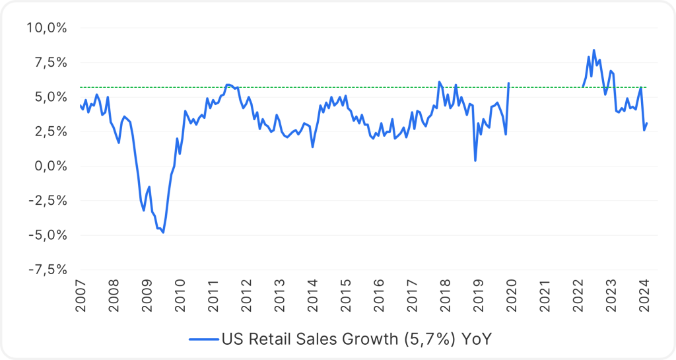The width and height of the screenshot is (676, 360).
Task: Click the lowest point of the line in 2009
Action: [x=163, y=233]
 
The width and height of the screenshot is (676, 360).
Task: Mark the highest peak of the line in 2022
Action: [x=593, y=50]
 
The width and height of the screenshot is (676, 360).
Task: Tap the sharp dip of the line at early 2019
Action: [x=475, y=161]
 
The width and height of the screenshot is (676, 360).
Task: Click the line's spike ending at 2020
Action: [x=508, y=83]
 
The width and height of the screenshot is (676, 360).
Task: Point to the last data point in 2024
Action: [x=647, y=124]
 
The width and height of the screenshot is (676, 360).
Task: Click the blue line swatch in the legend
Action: [x=203, y=339]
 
